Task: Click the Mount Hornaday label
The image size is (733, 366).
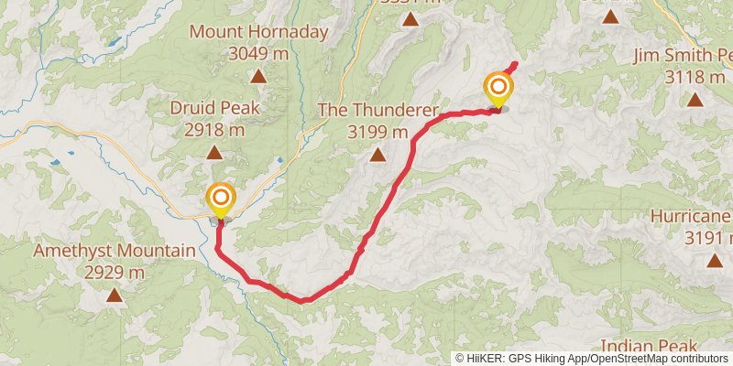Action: point(258,32)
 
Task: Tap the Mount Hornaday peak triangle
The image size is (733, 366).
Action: point(259,77)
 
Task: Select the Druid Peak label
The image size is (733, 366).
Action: point(214,108)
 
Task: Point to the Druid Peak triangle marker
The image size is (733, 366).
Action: point(213,153)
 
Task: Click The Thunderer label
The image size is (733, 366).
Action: point(377,110)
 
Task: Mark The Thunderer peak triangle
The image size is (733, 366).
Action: point(377,155)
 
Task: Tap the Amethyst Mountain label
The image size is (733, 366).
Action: point(115,250)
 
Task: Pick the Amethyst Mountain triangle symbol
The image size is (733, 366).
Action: point(114,295)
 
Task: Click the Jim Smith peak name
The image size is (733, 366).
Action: point(683,57)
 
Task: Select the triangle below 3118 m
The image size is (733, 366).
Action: point(695,101)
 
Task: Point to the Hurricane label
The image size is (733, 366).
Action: point(692,217)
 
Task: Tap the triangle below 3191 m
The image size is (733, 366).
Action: point(714,261)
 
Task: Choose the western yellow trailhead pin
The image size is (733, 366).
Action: point(220,199)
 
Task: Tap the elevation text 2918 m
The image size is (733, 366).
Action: point(214,130)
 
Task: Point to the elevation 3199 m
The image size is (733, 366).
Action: point(377,132)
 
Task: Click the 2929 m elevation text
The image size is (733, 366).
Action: point(115,272)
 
